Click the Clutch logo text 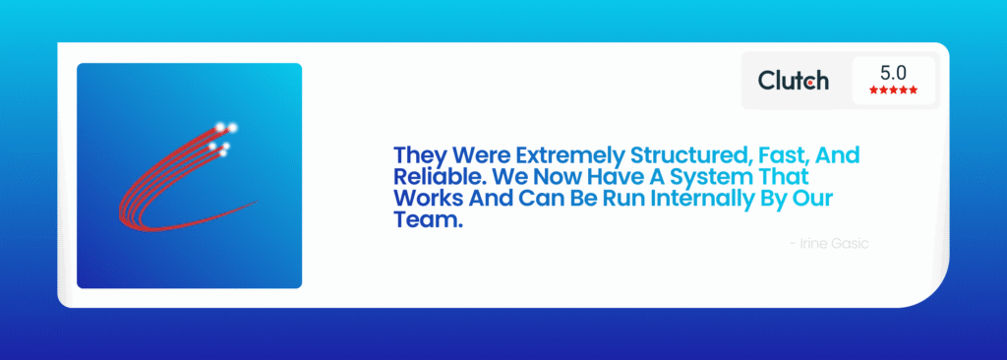[793, 81]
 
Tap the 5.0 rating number [894, 73]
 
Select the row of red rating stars [894, 90]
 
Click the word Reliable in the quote [429, 177]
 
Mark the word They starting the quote [420, 155]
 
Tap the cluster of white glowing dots [223, 138]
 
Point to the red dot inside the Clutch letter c [813, 83]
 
